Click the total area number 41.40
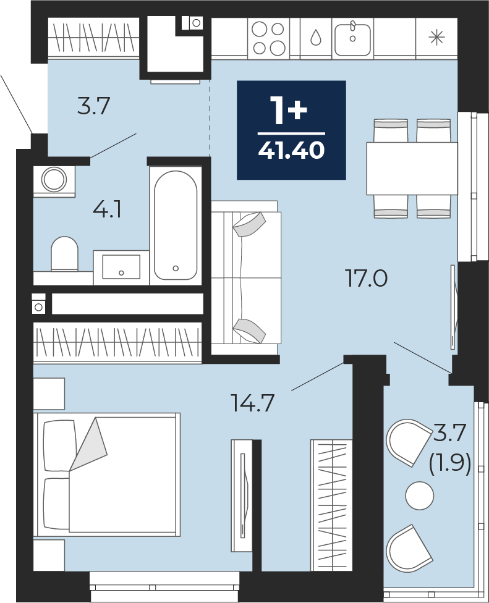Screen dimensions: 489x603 click(x=291, y=150)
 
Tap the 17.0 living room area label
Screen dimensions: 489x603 click(x=367, y=279)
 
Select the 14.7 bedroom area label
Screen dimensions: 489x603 click(x=252, y=403)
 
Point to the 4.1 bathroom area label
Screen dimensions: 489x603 click(x=108, y=210)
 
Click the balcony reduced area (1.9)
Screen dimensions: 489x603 click(x=450, y=465)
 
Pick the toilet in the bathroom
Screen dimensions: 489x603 click(x=64, y=254)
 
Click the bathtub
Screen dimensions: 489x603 click(x=176, y=225)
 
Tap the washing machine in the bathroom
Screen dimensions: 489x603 click(x=54, y=180)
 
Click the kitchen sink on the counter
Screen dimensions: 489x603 click(x=352, y=38)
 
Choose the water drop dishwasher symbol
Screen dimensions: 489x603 click(x=315, y=38)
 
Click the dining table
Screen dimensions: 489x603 click(x=412, y=169)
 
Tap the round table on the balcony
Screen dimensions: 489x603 click(x=419, y=495)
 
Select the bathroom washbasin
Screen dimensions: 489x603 click(x=121, y=266)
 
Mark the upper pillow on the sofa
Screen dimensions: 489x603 click(x=249, y=224)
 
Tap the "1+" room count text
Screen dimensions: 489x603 click(x=289, y=110)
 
